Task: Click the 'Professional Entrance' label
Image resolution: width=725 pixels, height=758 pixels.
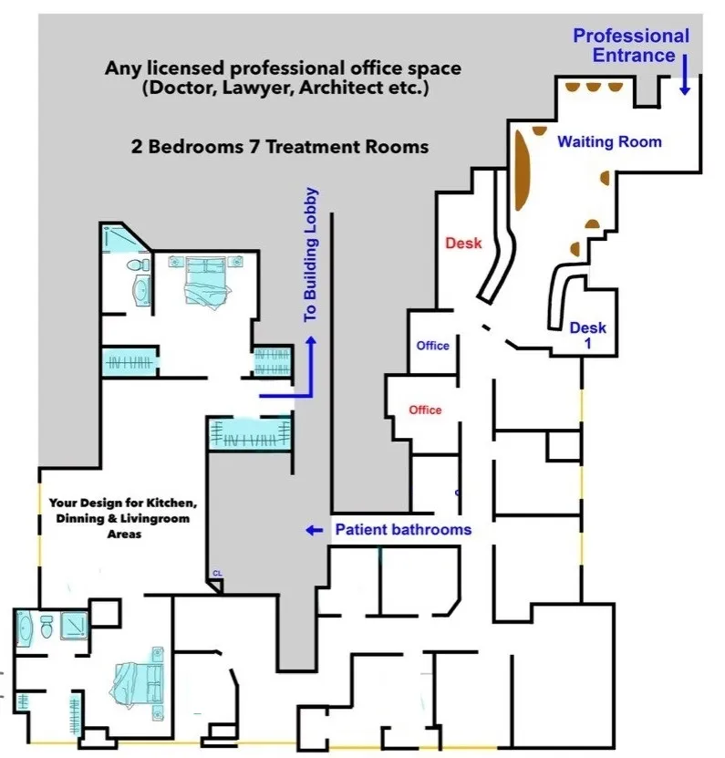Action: pos(630,46)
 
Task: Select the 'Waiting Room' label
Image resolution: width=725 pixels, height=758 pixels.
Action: pos(609,141)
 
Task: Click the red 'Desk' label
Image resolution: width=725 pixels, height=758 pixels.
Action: pos(463,244)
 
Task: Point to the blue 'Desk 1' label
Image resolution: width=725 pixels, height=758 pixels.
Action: pos(587,336)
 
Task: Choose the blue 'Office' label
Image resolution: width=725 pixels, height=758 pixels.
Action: pos(432,346)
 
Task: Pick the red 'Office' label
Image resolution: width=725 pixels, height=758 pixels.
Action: pos(425,410)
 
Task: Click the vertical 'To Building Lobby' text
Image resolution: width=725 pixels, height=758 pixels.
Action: pos(311,254)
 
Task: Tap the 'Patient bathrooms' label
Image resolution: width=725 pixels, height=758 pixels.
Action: pos(403,529)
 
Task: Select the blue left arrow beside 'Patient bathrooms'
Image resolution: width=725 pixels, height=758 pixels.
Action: pos(314,530)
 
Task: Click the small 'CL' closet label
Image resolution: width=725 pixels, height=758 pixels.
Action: pos(217,573)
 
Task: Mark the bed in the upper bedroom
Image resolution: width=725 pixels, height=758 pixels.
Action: pos(205,279)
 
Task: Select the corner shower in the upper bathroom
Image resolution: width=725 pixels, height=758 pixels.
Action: pos(118,239)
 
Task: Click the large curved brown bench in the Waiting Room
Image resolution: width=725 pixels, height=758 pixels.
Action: pos(524,168)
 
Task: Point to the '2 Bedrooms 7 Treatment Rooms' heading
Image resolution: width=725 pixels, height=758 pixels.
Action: pos(279,146)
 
